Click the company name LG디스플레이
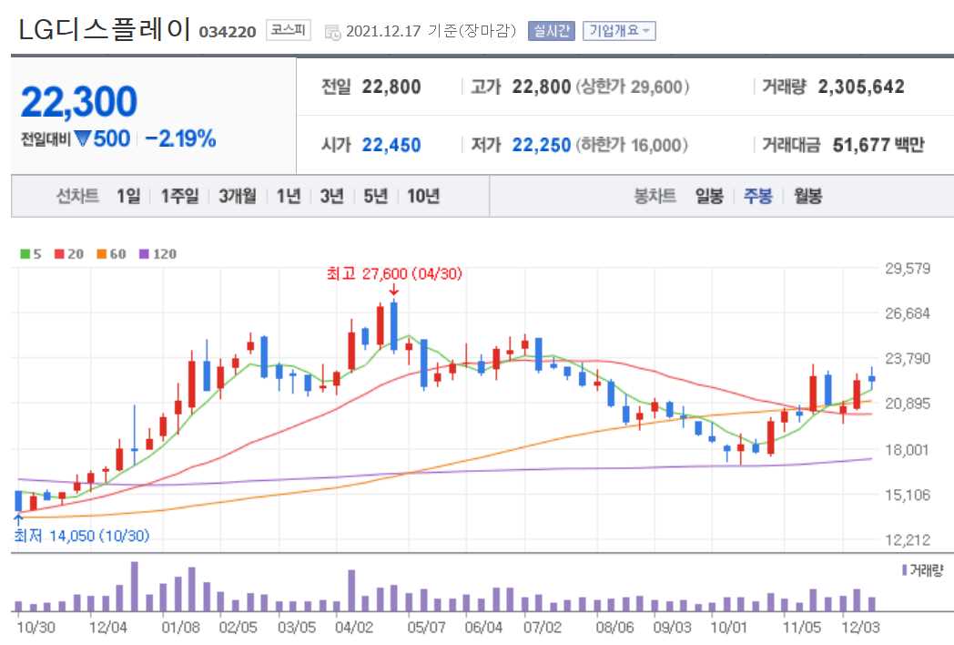104,29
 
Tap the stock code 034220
228,32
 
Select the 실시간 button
552,31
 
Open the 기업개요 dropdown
619,31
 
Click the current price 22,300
78,102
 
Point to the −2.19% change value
180,139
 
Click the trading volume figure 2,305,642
861,87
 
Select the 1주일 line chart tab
179,196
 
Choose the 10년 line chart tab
423,196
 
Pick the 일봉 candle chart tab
709,196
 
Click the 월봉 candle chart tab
807,196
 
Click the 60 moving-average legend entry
113,254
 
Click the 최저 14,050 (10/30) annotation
81,536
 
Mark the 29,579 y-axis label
907,269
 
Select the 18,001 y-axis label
907,449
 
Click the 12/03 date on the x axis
860,628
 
